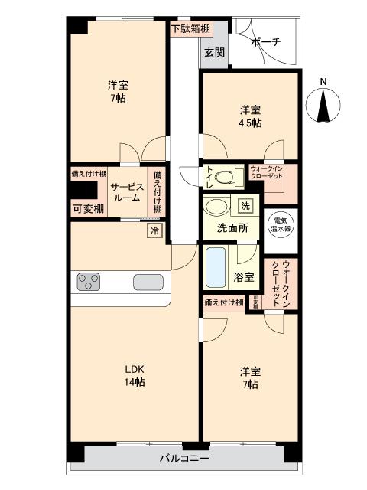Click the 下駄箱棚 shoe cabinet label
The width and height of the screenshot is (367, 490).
tap(187, 30)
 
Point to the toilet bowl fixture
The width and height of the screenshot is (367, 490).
tap(225, 178)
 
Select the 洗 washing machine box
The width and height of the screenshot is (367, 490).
tap(245, 206)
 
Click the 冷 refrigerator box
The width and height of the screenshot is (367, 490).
tap(155, 230)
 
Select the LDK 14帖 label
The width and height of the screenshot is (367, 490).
tap(135, 374)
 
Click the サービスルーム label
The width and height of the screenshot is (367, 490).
tap(125, 191)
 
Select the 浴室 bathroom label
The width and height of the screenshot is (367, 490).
tap(244, 277)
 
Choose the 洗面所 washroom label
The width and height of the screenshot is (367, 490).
tap(229, 227)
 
